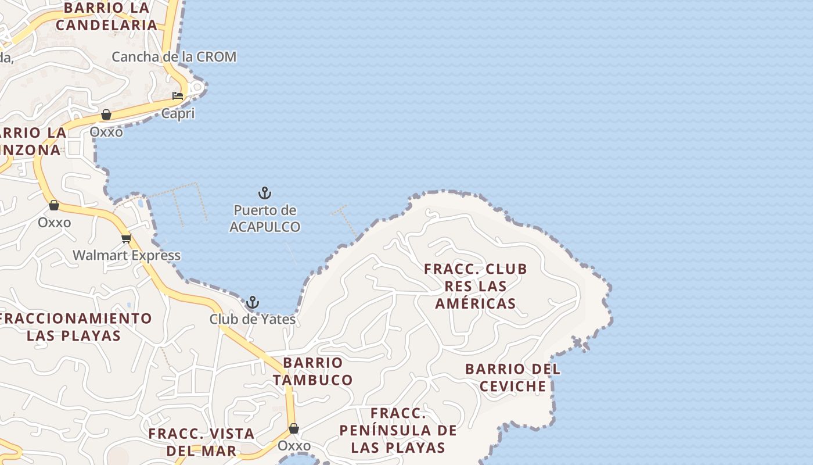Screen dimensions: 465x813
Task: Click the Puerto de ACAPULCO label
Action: pos(265,219)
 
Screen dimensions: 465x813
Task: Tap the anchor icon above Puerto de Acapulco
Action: pos(265,193)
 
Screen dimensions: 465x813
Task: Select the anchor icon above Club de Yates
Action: pos(252,302)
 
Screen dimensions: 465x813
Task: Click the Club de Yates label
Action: pos(252,319)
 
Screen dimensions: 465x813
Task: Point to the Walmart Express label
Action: pos(127,255)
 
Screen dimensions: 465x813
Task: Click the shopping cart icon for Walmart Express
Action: pos(127,238)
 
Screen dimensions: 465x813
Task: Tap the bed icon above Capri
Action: pos(178,96)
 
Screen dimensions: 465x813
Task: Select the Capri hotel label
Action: pos(178,113)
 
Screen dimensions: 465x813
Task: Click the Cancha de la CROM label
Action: pos(174,57)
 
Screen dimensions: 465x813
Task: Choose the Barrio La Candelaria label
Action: pos(107,16)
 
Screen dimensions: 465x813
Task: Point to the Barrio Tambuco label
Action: pos(313,371)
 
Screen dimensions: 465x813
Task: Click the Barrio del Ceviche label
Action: pos(513,377)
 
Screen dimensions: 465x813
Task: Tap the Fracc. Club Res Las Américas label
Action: pos(476,286)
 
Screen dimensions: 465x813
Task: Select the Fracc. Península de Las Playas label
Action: pos(398,430)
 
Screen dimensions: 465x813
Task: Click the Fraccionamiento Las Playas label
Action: pos(74,327)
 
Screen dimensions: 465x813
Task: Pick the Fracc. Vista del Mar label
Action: pos(202,442)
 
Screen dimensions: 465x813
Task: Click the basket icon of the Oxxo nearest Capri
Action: pos(106,115)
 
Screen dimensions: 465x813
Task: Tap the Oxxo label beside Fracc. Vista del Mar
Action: pos(294,446)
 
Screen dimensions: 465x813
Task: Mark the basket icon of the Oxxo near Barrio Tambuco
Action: pos(294,429)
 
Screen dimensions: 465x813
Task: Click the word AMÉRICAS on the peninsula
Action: pos(476,303)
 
